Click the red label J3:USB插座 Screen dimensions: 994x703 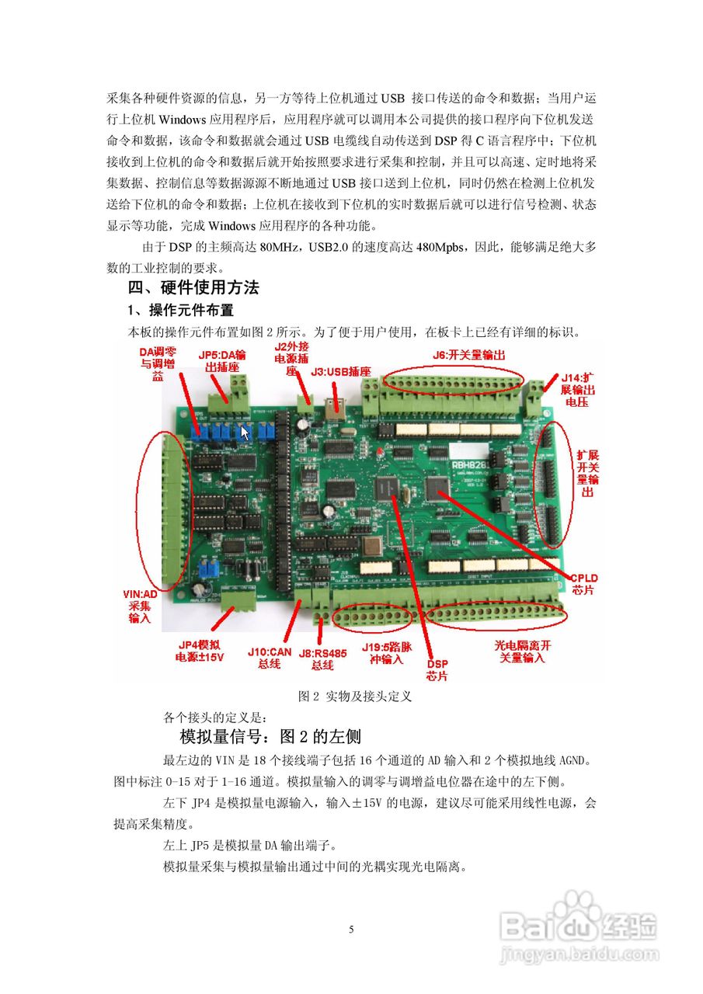pyautogui.click(x=341, y=373)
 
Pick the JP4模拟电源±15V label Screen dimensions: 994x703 pyautogui.click(x=200, y=651)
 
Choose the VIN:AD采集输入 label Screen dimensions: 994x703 pyautogui.click(x=141, y=606)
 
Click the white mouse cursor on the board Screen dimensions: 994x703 pyautogui.click(x=245, y=433)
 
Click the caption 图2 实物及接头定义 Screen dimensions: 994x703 pyautogui.click(x=354, y=697)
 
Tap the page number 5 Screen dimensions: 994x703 pyautogui.click(x=351, y=930)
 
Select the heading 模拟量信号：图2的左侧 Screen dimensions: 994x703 pyautogui.click(x=270, y=735)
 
